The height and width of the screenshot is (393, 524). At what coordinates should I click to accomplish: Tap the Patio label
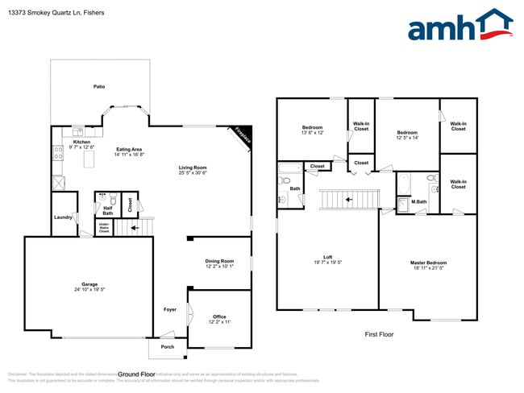coord(99,86)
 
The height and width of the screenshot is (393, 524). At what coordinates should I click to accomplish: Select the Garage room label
coord(89,284)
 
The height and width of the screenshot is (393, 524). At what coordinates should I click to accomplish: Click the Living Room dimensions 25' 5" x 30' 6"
coord(193,173)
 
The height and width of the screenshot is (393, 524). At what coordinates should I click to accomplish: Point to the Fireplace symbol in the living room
coord(243,135)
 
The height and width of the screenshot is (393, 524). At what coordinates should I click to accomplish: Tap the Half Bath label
coord(107,211)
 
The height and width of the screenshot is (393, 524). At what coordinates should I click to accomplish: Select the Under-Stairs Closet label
coord(104,228)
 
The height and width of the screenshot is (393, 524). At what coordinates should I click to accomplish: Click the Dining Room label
coord(219,261)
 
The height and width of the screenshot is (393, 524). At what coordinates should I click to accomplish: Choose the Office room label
coord(219,316)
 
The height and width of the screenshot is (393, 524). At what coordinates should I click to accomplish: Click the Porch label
coord(168,347)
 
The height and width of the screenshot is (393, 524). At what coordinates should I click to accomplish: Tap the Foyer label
coord(170,309)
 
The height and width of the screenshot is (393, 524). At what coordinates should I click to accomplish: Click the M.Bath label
coord(418,201)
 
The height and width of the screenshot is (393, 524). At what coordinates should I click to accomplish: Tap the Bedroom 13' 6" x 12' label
coord(312,128)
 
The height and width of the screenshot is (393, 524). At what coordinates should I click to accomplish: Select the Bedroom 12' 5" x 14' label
coord(406,132)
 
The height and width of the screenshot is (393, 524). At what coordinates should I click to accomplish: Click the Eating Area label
coord(129,149)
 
